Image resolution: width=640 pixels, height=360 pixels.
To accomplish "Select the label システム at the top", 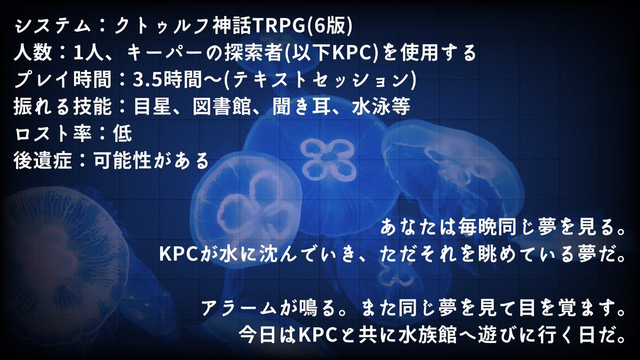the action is point(53,26).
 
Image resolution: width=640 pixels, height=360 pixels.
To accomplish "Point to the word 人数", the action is point(33,53).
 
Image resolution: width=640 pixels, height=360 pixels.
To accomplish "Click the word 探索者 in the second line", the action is point(253,53).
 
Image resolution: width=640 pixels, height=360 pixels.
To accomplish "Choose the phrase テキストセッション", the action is point(321,79).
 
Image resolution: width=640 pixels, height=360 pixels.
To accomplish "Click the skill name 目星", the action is point(153,106).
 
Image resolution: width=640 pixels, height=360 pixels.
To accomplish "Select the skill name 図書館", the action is point(222,106).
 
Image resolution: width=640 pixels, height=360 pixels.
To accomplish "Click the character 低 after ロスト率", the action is point(122,133).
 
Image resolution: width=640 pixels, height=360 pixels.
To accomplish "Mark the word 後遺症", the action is point(43,160).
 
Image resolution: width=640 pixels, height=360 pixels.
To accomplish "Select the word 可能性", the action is point(122,160).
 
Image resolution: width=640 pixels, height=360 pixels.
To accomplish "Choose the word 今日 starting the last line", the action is point(257,335).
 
